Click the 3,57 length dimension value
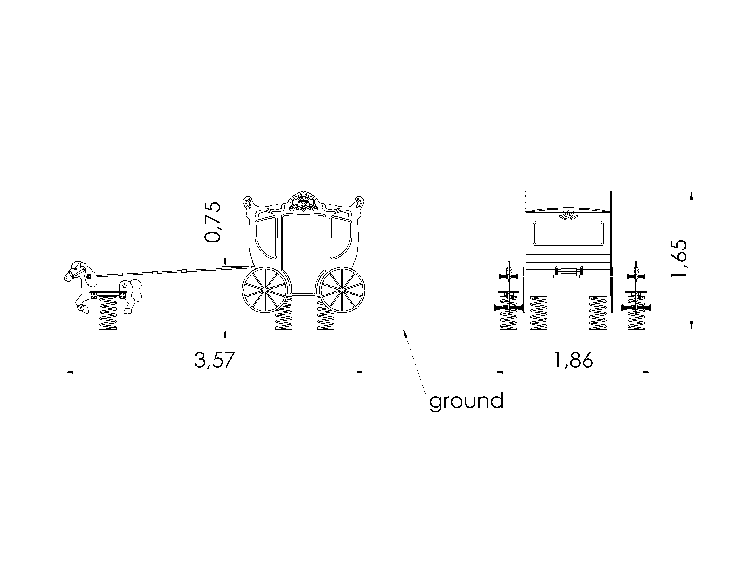[x=214, y=360]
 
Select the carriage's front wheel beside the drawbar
[x=265, y=290]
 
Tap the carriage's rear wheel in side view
[x=342, y=290]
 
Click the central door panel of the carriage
[x=303, y=254]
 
